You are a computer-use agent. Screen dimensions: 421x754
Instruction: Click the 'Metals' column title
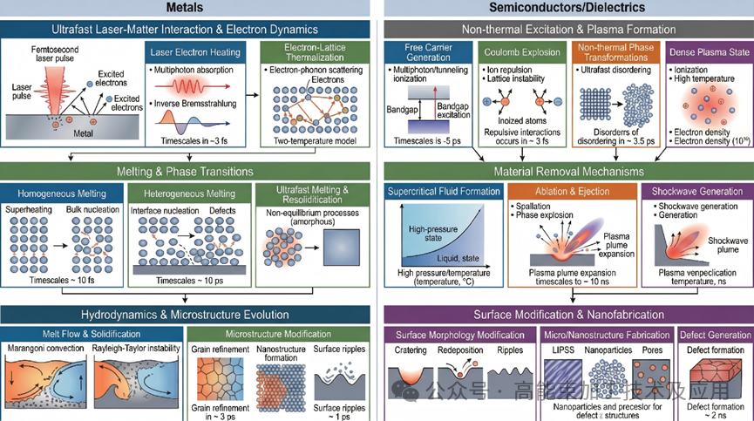click(x=187, y=8)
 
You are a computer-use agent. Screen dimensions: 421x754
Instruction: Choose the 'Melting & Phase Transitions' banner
click(x=186, y=172)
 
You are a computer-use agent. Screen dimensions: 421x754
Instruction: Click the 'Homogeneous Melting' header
click(x=60, y=194)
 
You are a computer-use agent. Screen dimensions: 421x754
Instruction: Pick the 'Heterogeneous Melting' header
click(x=182, y=194)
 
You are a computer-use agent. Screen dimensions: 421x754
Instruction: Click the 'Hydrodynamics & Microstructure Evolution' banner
click(x=186, y=314)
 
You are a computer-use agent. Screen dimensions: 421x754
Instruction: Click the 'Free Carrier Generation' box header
click(x=428, y=51)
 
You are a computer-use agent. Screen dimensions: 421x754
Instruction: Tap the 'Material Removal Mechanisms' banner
click(x=568, y=172)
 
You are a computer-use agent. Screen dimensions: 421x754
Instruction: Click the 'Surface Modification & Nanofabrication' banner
click(x=568, y=314)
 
